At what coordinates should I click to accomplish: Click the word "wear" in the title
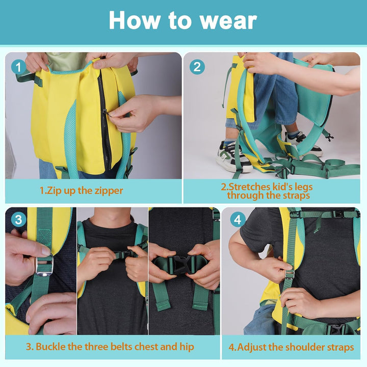[x=228, y=20]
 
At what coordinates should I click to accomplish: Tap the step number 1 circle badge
[x=19, y=67]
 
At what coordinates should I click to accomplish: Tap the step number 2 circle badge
[x=197, y=67]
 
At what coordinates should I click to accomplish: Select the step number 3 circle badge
[x=19, y=220]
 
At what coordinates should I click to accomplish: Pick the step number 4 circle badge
[x=238, y=220]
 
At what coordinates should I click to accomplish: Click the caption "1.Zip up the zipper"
[x=81, y=191]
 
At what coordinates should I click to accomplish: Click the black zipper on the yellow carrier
[x=104, y=122]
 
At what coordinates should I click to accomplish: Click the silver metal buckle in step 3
[x=44, y=266]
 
